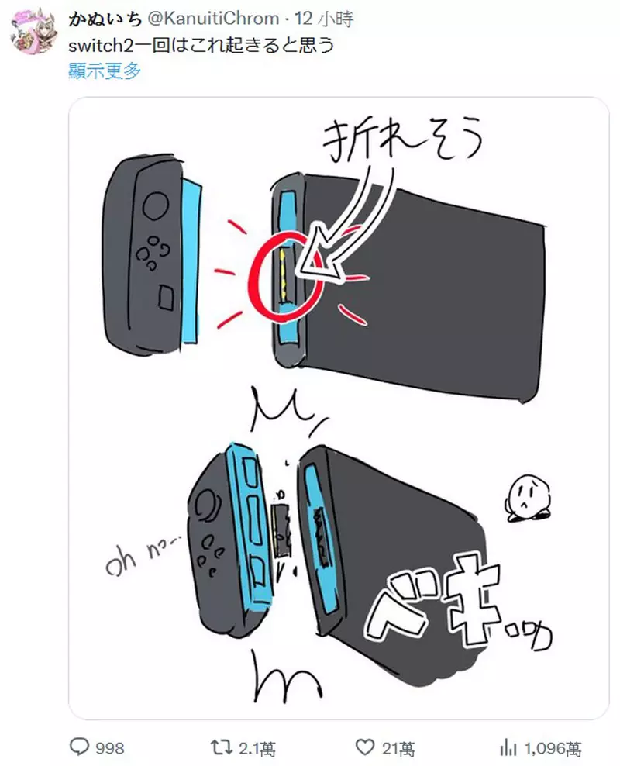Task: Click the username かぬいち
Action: click(x=105, y=19)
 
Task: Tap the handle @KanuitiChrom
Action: click(x=213, y=19)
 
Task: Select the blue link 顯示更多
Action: click(x=105, y=71)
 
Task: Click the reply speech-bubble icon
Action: click(x=79, y=747)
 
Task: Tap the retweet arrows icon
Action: click(x=221, y=747)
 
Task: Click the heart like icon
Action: click(x=364, y=747)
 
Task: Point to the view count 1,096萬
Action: click(x=553, y=748)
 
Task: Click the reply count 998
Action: click(x=110, y=748)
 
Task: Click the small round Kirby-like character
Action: click(x=529, y=499)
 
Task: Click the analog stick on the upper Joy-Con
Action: click(x=155, y=205)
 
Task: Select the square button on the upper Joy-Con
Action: click(x=166, y=296)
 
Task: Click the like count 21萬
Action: click(x=398, y=748)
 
